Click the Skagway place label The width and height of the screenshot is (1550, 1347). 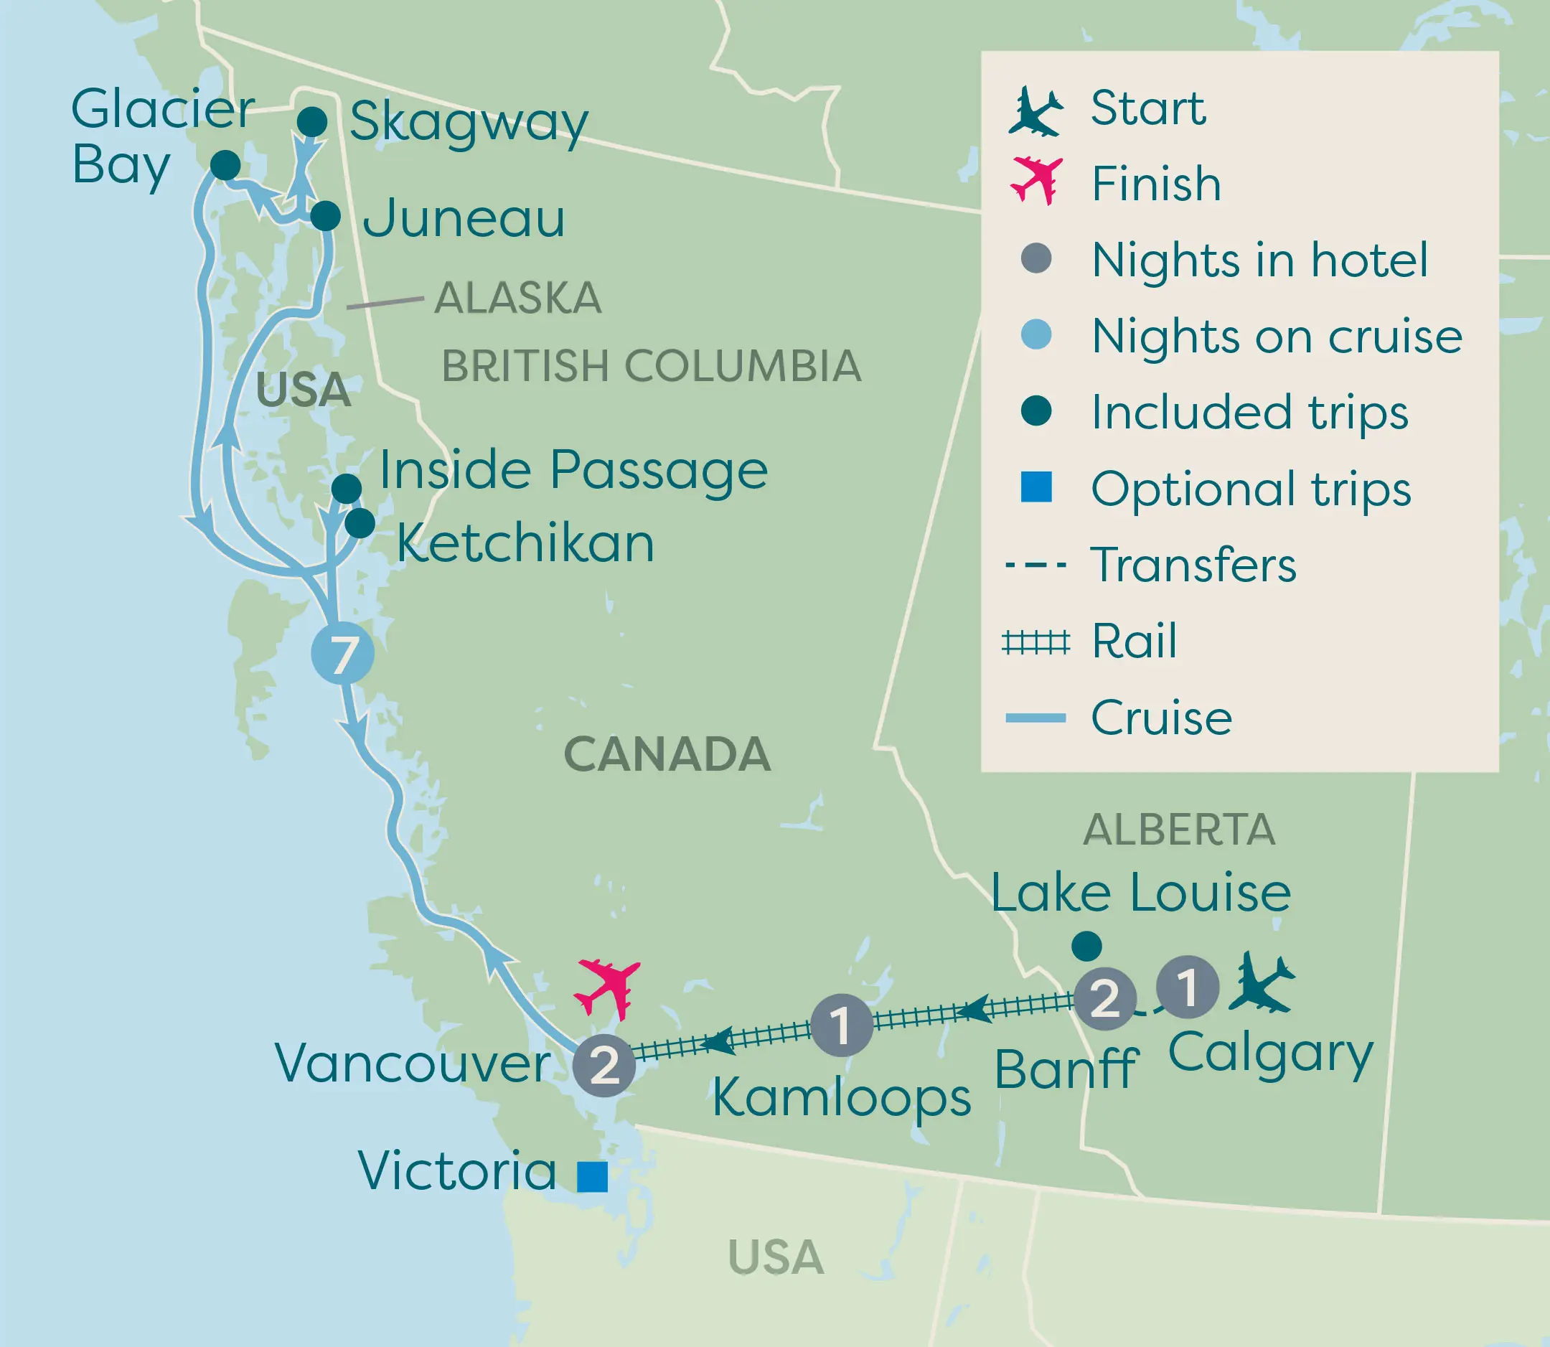tap(469, 123)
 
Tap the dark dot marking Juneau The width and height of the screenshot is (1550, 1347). tap(326, 217)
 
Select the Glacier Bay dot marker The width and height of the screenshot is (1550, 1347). tap(225, 165)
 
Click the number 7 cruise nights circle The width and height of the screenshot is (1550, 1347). tap(343, 653)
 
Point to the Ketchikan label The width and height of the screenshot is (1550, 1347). tap(525, 543)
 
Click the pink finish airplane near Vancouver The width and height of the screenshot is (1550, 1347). tap(607, 987)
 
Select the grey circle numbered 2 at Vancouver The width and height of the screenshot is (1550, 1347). tap(604, 1065)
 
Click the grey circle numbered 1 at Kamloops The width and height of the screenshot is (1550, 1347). tap(842, 1025)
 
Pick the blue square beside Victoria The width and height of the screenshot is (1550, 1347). tap(592, 1176)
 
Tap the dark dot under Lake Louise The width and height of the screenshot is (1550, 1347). tap(1086, 947)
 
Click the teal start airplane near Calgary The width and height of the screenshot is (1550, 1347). tap(1261, 982)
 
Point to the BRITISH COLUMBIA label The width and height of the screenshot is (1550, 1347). tap(651, 366)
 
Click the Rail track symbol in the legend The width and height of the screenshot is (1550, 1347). tap(1035, 643)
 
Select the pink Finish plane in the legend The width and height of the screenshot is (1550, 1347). tap(1037, 182)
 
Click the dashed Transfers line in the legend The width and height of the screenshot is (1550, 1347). tap(1035, 565)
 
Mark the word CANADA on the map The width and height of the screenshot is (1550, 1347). tap(667, 754)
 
